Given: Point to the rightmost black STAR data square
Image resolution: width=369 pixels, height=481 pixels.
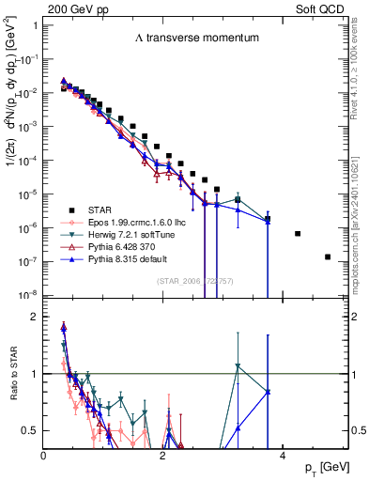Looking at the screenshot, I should (x=328, y=256).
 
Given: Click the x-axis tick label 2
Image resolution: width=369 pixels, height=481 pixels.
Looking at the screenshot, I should (x=163, y=456).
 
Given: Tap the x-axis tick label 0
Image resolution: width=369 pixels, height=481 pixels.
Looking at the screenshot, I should (x=44, y=456).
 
